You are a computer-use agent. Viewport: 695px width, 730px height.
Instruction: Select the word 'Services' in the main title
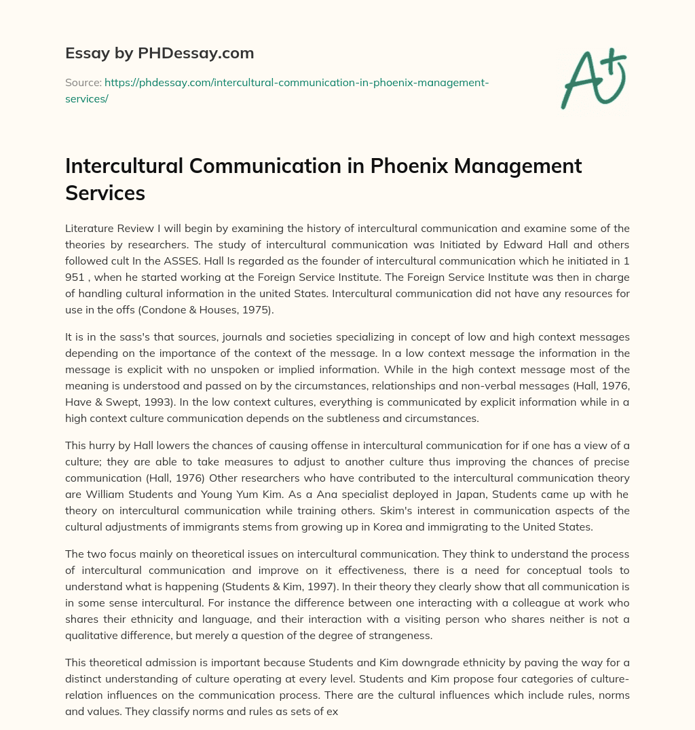coord(105,193)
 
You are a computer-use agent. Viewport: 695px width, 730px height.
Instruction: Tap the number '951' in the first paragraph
coord(78,277)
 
